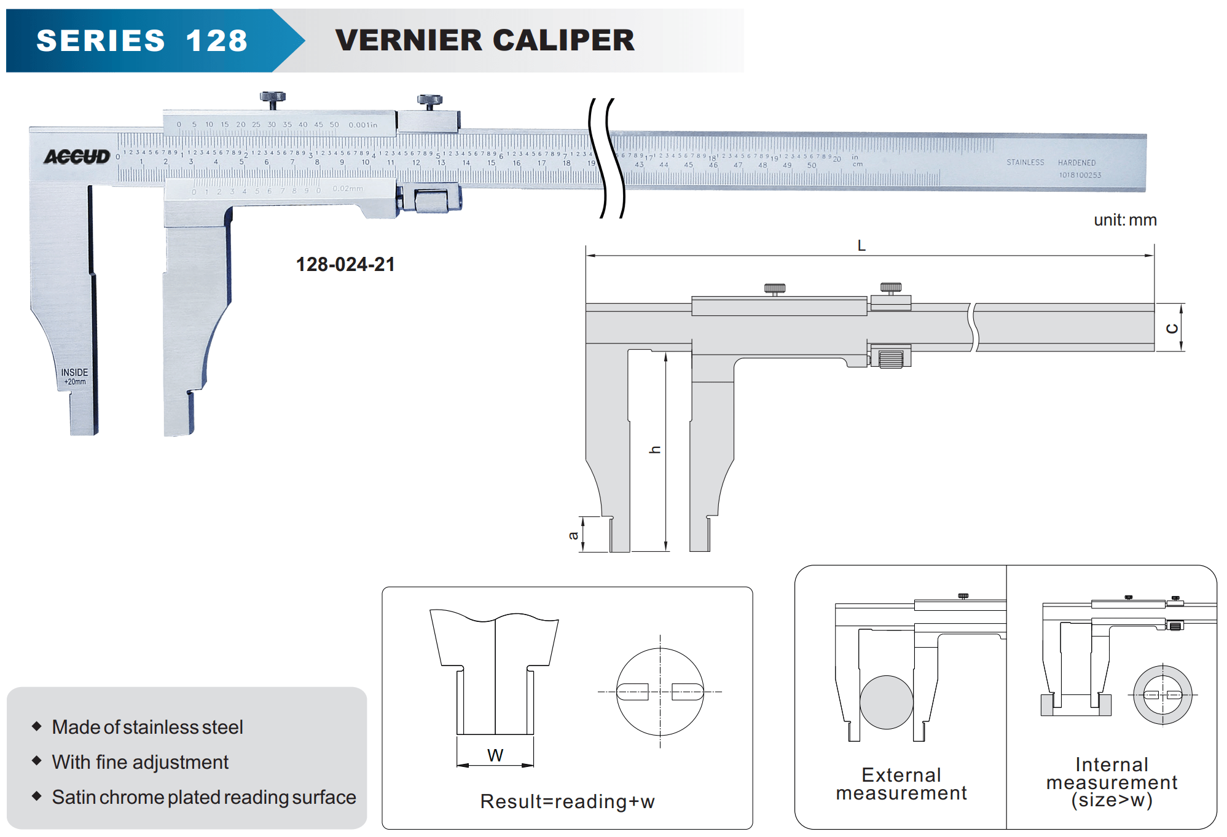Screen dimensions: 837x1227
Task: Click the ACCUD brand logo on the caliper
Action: [77, 157]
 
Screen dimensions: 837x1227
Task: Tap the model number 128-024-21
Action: [345, 264]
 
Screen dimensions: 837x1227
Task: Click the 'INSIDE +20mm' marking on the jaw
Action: [74, 377]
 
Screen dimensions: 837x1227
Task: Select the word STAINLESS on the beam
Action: [1025, 162]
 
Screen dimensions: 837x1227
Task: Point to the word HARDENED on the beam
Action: [1076, 163]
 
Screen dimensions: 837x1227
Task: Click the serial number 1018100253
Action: [1080, 175]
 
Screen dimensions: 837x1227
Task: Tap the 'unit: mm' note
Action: [1124, 220]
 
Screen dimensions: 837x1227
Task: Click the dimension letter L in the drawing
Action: [861, 246]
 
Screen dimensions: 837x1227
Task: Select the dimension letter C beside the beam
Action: [1172, 328]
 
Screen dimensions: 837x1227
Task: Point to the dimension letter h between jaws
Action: [655, 450]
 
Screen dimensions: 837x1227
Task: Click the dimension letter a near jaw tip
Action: [573, 535]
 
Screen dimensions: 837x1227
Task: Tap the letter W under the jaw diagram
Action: [495, 755]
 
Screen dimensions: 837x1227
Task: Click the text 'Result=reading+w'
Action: [567, 801]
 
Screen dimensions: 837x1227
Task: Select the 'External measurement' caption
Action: [901, 784]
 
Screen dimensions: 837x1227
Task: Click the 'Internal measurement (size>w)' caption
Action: [1111, 782]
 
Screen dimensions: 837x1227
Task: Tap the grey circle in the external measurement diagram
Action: [886, 702]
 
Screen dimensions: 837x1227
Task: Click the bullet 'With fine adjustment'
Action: [140, 762]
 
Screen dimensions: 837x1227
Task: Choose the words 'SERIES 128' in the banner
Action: [142, 41]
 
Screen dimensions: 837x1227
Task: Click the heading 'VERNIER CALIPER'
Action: [485, 41]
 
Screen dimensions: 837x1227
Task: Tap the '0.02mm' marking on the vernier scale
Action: [348, 189]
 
